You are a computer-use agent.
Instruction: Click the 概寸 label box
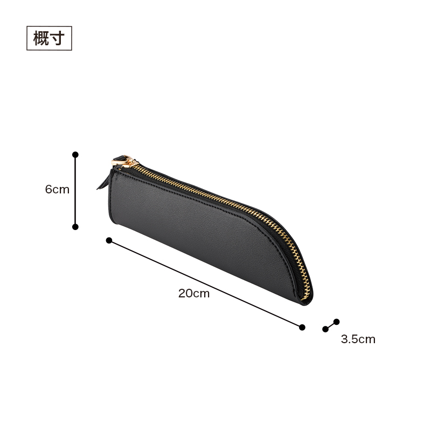[49, 38]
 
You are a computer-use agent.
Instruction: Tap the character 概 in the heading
[41, 38]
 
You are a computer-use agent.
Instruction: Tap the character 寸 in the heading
[58, 38]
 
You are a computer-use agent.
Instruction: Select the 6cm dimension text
[57, 190]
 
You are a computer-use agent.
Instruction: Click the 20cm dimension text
[194, 293]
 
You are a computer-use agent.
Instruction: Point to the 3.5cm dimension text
[358, 339]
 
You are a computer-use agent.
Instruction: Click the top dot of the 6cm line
[75, 155]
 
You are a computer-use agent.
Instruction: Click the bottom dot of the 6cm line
[75, 227]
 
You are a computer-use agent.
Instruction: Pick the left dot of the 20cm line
[109, 240]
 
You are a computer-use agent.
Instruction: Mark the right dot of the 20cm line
[302, 327]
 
